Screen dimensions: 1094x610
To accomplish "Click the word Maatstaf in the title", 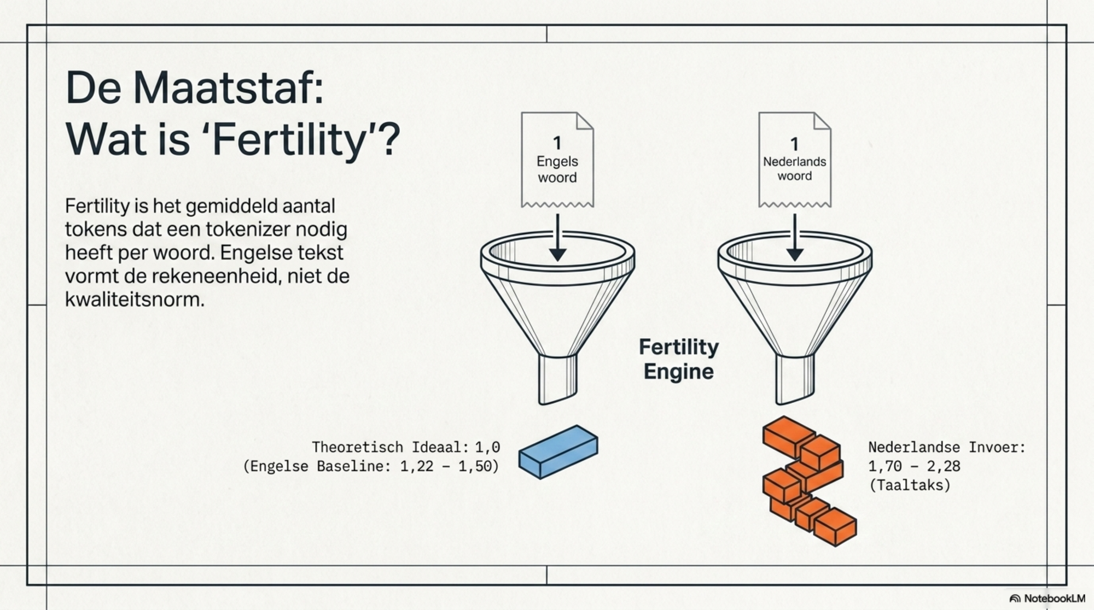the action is (228, 88).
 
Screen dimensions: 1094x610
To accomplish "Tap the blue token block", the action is (558, 452).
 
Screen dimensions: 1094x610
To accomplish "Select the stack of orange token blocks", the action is (809, 481).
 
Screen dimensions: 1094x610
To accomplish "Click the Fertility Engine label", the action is (679, 359).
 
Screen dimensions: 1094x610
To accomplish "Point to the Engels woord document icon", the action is (557, 160).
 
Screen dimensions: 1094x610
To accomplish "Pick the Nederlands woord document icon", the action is (795, 160).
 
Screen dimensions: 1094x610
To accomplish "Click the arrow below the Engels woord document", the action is (557, 237).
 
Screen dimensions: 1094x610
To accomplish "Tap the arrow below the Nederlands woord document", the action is (795, 237).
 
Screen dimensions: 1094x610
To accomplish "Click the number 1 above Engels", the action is (557, 143).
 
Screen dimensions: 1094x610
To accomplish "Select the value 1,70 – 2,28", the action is (914, 466).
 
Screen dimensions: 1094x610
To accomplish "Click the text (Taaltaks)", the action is (910, 485).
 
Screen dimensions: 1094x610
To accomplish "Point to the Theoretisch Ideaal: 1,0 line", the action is (406, 447).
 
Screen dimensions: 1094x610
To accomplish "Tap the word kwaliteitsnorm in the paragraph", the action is (135, 299).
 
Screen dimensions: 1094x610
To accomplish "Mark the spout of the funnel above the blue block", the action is (558, 379).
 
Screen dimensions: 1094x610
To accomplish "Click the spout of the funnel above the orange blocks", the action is (795, 379).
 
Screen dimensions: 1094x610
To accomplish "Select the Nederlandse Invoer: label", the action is (947, 447).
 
